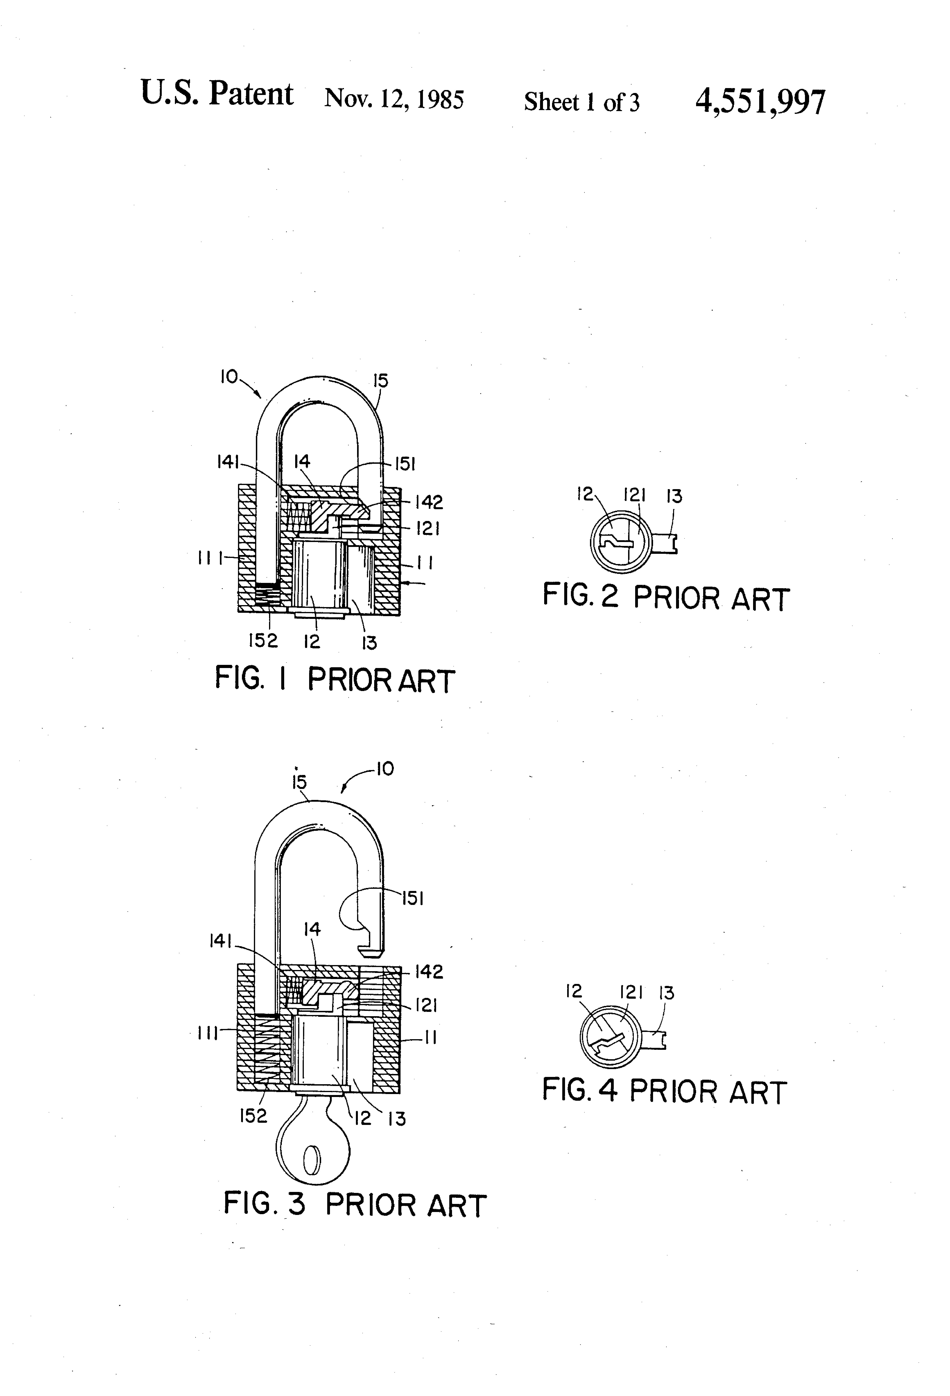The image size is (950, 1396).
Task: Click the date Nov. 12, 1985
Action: pyautogui.click(x=394, y=98)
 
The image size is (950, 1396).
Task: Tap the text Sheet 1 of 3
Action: pyautogui.click(x=581, y=102)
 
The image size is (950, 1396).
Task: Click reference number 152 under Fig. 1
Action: pyautogui.click(x=263, y=641)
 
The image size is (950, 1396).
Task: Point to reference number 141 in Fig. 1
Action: pyautogui.click(x=228, y=462)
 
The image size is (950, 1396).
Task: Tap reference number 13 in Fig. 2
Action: pyautogui.click(x=674, y=496)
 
